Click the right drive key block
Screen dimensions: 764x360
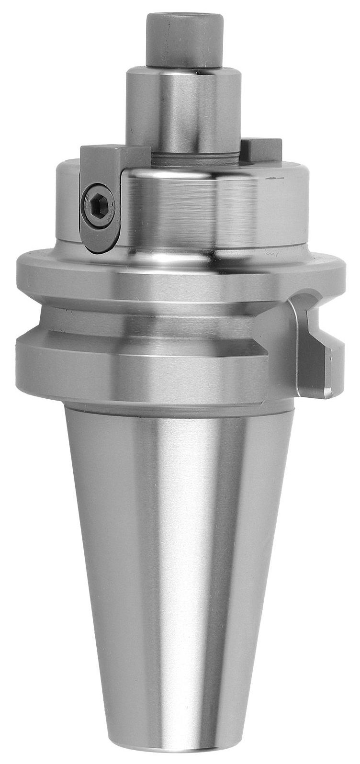coord(262,149)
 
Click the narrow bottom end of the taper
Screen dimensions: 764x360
coord(180,747)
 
